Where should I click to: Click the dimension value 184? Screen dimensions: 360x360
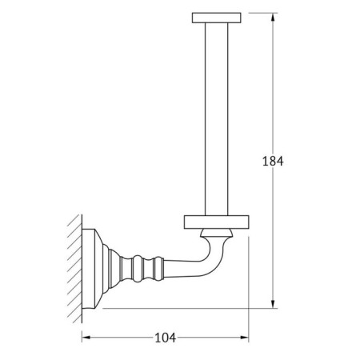click(x=273, y=161)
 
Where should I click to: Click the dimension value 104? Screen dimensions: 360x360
click(x=166, y=338)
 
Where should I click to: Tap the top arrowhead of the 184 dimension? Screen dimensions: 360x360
click(x=273, y=18)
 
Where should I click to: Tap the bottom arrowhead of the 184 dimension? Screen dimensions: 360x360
click(x=273, y=304)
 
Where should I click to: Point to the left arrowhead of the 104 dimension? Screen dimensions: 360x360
click(x=86, y=338)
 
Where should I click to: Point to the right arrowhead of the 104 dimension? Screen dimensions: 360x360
click(x=244, y=338)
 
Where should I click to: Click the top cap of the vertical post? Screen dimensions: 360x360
click(x=217, y=18)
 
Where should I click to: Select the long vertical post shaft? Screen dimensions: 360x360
click(x=217, y=119)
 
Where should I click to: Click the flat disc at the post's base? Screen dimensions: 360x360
click(x=217, y=222)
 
